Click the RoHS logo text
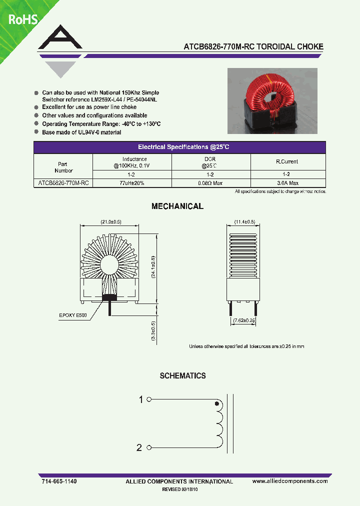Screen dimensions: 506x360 click(23, 20)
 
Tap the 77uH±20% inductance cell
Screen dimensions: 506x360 click(132, 183)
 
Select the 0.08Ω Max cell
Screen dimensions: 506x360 click(210, 183)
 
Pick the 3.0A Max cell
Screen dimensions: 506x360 click(287, 183)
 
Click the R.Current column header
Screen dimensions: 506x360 click(287, 161)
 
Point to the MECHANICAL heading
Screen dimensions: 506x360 click(177, 206)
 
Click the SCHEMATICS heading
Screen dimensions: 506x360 click(182, 375)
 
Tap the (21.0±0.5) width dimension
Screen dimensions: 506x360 click(111, 221)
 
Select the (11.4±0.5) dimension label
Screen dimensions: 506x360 click(245, 221)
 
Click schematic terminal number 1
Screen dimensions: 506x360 click(141, 399)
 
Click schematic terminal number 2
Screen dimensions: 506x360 click(139, 447)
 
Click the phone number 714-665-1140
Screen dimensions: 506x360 click(58, 481)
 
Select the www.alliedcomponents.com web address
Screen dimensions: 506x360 click(290, 481)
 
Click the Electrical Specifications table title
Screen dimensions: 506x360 click(183, 147)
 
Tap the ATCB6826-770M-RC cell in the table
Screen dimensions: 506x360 click(63, 183)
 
